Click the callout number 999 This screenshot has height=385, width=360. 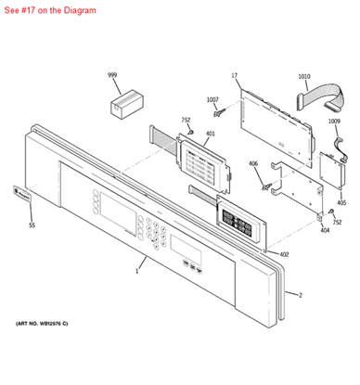[112, 75]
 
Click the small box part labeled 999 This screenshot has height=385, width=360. [127, 104]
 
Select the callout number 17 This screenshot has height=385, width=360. [235, 75]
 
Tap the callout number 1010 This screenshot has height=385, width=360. [304, 76]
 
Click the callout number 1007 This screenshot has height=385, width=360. [212, 99]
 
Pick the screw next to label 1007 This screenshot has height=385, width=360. [219, 112]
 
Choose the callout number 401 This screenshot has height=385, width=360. [211, 134]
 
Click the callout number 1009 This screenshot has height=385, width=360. [334, 122]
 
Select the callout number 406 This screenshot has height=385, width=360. [253, 163]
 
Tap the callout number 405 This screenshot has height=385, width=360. [341, 203]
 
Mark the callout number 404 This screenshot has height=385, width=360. [325, 230]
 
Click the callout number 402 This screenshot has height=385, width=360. [284, 254]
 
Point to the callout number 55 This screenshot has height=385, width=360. [32, 225]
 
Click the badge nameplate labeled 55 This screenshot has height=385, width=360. [21, 194]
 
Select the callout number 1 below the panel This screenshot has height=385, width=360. [137, 272]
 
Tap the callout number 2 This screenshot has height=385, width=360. [301, 295]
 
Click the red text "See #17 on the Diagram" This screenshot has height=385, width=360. [50, 10]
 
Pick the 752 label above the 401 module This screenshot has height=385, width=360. [186, 120]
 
